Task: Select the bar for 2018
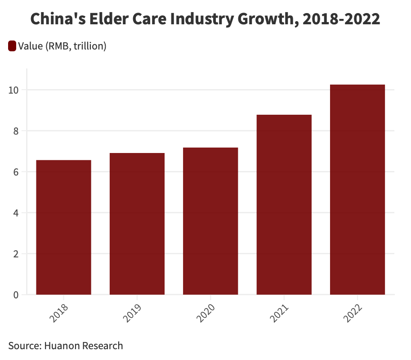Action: [63, 227]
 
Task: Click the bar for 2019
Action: [137, 224]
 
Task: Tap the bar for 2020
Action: [210, 221]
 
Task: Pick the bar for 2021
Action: [284, 205]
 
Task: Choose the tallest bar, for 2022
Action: [357, 189]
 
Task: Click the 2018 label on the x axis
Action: [60, 313]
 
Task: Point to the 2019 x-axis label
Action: [133, 313]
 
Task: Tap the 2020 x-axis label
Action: [206, 313]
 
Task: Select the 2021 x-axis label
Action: [280, 313]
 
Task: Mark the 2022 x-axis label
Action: [353, 313]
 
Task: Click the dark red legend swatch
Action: [12, 46]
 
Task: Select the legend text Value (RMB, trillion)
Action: [62, 46]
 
